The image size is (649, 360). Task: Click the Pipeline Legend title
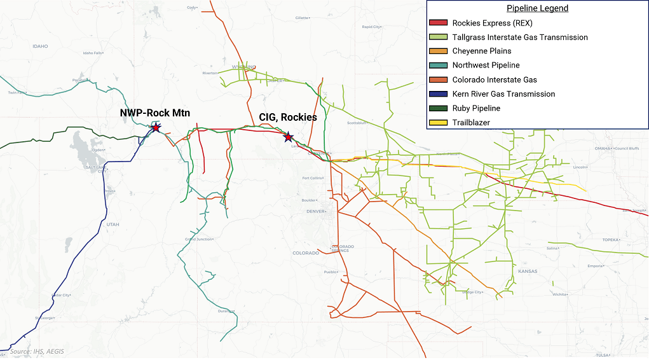[537, 9]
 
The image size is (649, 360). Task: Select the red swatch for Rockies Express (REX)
[439, 23]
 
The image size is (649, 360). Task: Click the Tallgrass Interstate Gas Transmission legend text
[519, 38]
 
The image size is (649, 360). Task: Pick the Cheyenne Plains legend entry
[481, 52]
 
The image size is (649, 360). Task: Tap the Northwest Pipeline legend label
[486, 66]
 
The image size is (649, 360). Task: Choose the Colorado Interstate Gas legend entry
[495, 80]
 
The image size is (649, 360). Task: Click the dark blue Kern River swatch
[439, 94]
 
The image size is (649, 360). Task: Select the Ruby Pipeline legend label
[476, 108]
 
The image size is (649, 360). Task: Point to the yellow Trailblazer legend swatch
[439, 123]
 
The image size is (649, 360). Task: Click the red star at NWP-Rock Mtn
[155, 128]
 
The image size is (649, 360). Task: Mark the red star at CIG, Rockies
[288, 137]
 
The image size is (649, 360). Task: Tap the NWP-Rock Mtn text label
[155, 113]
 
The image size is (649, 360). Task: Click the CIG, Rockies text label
[288, 118]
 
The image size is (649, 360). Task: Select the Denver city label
[315, 211]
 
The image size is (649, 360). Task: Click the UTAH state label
[113, 225]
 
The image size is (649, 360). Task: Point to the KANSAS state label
[527, 272]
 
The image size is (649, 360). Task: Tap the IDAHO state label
[40, 46]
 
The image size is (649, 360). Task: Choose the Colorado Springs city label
[343, 248]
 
